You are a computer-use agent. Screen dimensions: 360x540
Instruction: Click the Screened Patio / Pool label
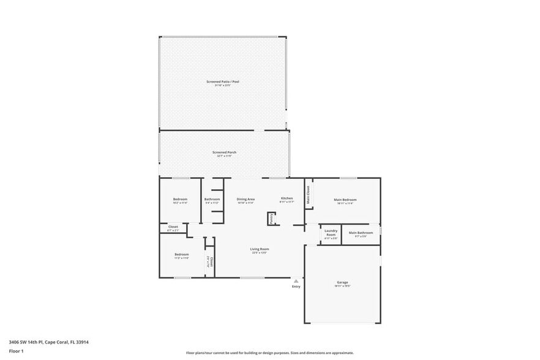click(x=223, y=81)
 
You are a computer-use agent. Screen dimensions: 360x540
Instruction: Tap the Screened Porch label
click(x=224, y=152)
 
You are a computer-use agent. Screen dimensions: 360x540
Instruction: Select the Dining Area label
click(x=246, y=199)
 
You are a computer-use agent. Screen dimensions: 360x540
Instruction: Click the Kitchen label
click(x=287, y=198)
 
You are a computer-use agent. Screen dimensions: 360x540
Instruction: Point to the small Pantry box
click(x=271, y=219)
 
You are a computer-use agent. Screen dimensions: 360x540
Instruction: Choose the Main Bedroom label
click(x=345, y=200)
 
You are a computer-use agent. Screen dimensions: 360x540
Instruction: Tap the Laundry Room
click(x=331, y=233)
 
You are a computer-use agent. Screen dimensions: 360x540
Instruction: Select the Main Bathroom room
click(x=361, y=233)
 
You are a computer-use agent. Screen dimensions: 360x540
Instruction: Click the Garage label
click(x=342, y=283)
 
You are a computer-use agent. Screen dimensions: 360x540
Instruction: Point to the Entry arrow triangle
click(x=296, y=281)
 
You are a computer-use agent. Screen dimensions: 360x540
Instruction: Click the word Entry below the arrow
click(x=296, y=287)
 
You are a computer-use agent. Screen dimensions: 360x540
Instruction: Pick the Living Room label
click(x=260, y=249)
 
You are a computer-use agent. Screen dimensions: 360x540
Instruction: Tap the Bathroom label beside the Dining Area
click(x=212, y=199)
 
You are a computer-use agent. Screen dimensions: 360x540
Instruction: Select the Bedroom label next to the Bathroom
click(x=180, y=199)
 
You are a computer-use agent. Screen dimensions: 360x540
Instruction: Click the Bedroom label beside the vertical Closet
click(x=181, y=255)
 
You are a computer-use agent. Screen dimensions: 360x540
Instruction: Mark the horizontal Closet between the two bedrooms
click(x=173, y=228)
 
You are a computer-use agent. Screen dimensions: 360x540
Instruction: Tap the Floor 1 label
click(x=16, y=351)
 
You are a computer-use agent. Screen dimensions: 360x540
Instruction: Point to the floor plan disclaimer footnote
click(x=269, y=353)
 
